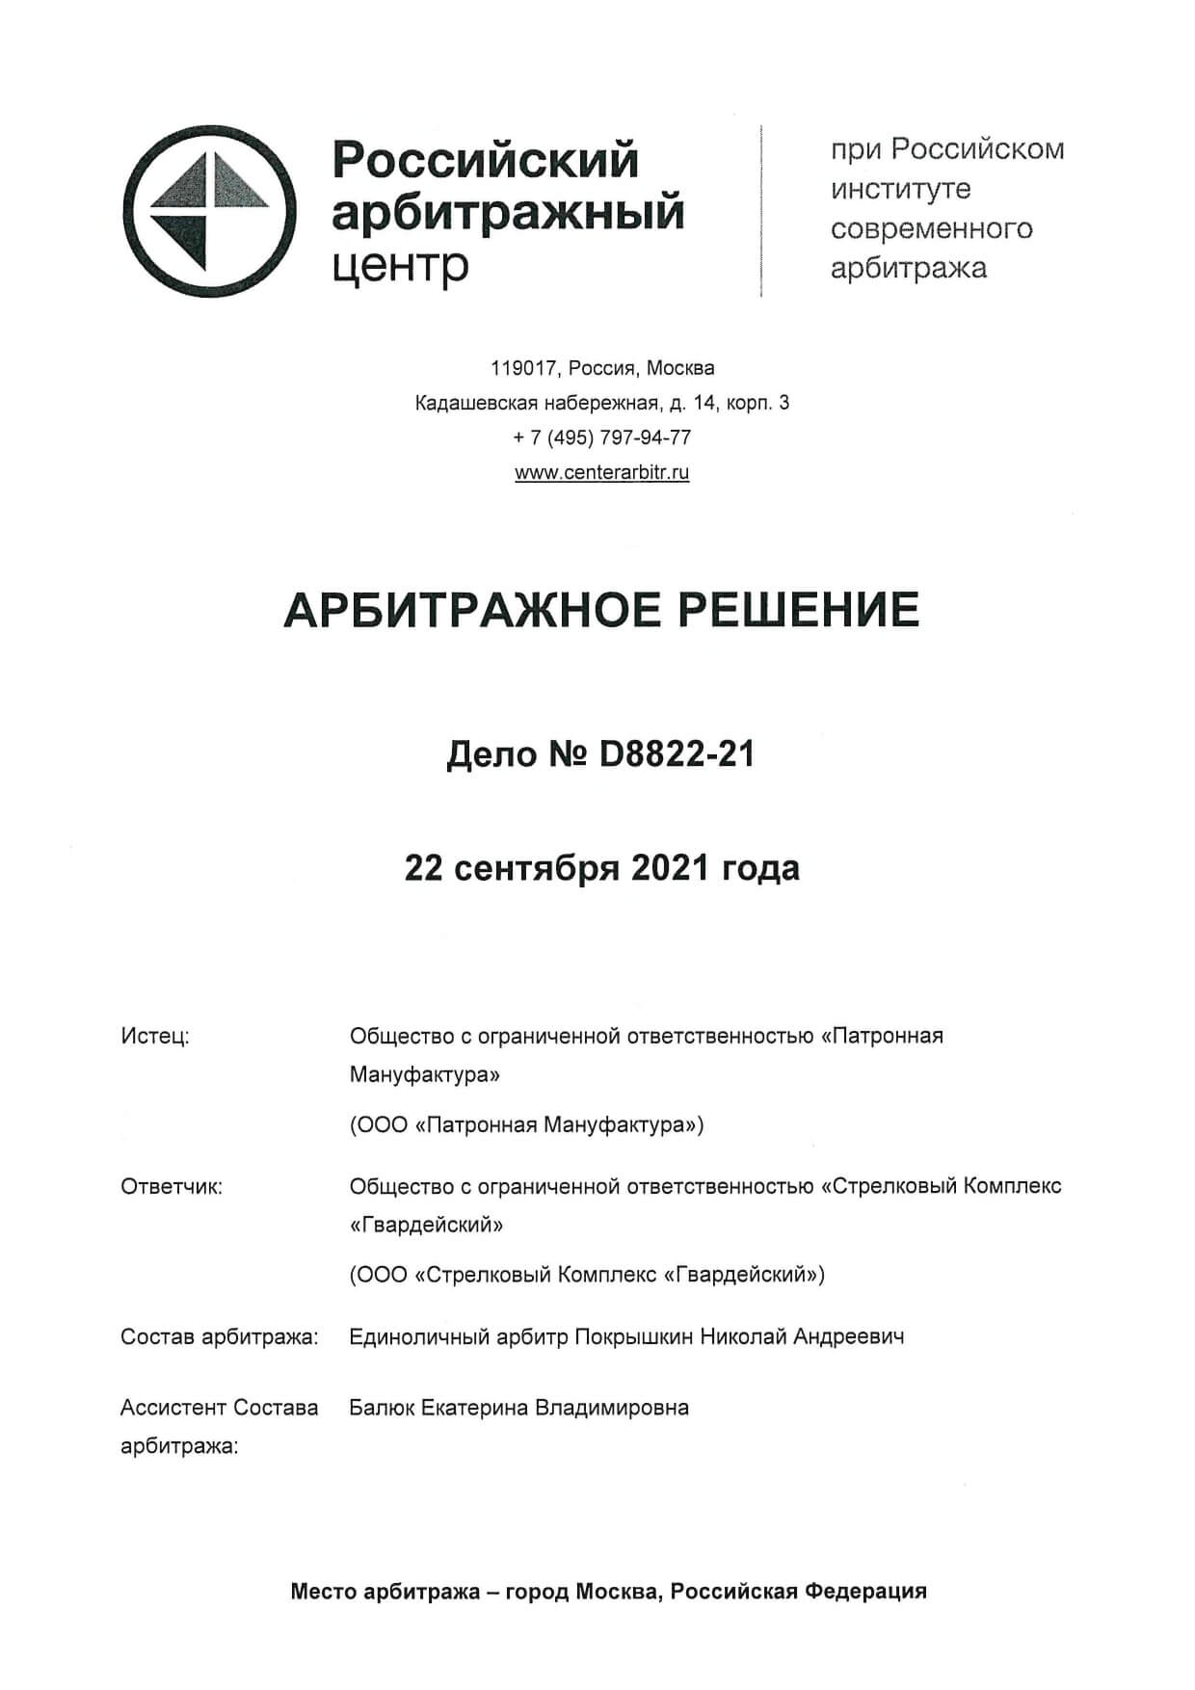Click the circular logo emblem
(208, 211)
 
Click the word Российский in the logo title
(485, 160)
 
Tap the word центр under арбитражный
(400, 264)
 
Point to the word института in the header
(901, 189)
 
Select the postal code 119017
(524, 368)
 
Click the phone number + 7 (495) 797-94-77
(602, 437)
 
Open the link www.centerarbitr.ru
(602, 472)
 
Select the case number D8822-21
(677, 754)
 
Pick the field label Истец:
(155, 1036)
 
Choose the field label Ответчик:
(172, 1186)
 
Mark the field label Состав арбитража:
(219, 1336)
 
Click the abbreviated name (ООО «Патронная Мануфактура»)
(526, 1124)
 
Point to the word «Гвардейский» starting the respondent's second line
(426, 1225)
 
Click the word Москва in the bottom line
(617, 1591)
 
